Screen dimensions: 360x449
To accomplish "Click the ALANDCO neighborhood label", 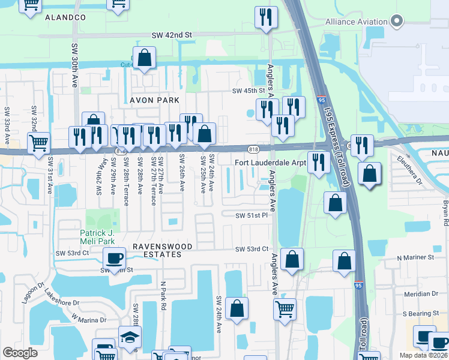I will coord(65,18).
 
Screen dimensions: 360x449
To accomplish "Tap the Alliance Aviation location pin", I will coord(396,22).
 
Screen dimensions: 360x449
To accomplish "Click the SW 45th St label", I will coord(249,91).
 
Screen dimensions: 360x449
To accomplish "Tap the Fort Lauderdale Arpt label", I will coord(270,163).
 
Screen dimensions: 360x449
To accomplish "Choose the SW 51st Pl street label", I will coord(251,215).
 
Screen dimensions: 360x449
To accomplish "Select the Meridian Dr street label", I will coord(421,294).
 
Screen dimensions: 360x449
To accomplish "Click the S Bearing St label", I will coord(421,314).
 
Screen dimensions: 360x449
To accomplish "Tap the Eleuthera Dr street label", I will coord(410,171).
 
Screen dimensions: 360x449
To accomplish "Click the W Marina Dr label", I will coord(88,319).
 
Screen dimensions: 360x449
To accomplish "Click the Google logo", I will coord(20,353).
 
